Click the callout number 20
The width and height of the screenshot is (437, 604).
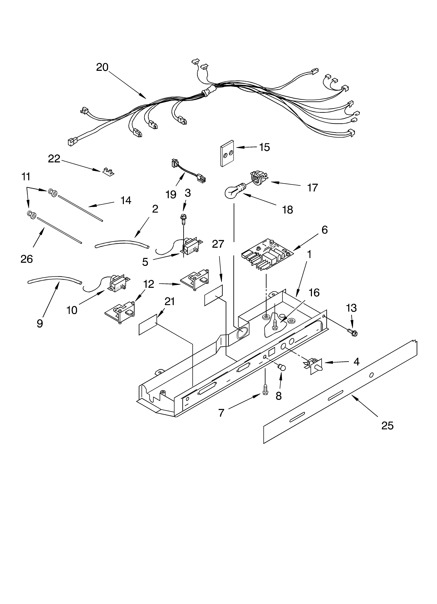[x=102, y=67]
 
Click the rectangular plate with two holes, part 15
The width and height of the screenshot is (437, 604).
[x=227, y=153]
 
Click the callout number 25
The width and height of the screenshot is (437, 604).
[x=387, y=426]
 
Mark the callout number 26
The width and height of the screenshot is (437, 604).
[x=27, y=259]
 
